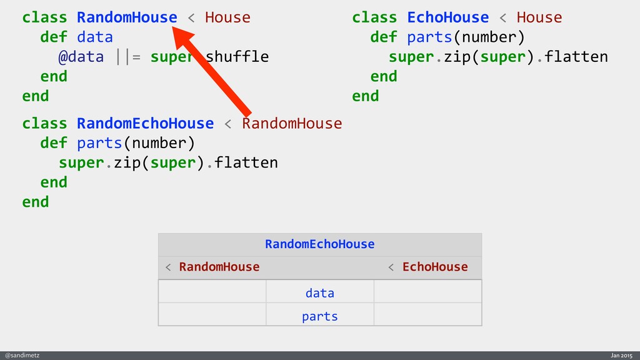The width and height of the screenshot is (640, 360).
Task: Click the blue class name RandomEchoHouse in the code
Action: pyautogui.click(x=145, y=123)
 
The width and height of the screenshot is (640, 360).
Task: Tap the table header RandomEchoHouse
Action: pyautogui.click(x=319, y=244)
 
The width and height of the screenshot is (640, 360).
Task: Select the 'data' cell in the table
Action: pyautogui.click(x=319, y=292)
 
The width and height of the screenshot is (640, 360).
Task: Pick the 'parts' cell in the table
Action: pyautogui.click(x=319, y=316)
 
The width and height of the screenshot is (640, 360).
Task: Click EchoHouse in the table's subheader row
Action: pyautogui.click(x=434, y=267)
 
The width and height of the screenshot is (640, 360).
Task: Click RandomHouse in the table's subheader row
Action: pyautogui.click(x=219, y=267)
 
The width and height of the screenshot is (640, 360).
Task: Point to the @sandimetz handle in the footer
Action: pyautogui.click(x=22, y=355)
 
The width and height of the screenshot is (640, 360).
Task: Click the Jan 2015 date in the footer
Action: pyautogui.click(x=621, y=355)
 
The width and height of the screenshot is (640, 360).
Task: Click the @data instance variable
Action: pyautogui.click(x=81, y=57)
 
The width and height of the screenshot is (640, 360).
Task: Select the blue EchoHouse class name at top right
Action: pyautogui.click(x=447, y=17)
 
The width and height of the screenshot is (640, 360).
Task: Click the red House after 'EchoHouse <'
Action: pyautogui.click(x=539, y=17)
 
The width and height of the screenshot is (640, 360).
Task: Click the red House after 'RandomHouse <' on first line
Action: pyautogui.click(x=227, y=17)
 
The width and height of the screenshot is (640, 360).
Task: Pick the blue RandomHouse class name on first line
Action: pyautogui.click(x=127, y=17)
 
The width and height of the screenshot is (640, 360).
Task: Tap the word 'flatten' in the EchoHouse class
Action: pyautogui.click(x=576, y=57)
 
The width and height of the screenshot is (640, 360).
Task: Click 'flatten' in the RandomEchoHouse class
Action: pyautogui.click(x=246, y=162)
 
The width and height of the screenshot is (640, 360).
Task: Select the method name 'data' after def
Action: pyautogui.click(x=95, y=37)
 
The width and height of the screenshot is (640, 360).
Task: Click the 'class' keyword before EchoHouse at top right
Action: pyautogui.click(x=374, y=17)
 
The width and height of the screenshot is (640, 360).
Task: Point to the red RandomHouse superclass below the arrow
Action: pyautogui.click(x=292, y=123)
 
